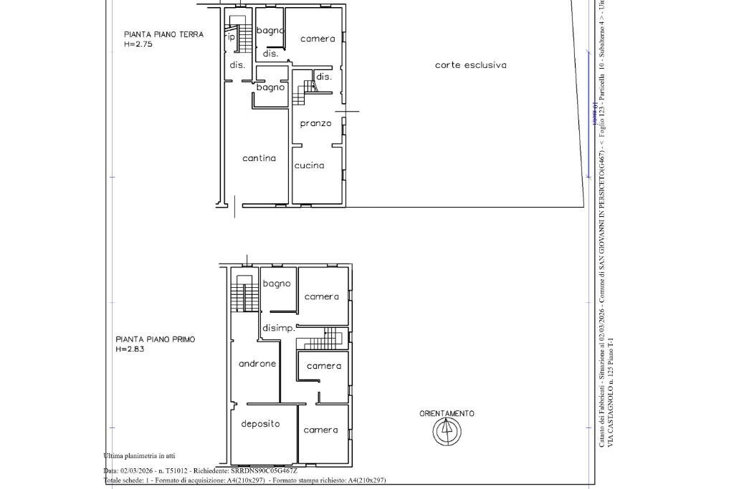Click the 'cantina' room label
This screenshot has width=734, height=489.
(259, 158)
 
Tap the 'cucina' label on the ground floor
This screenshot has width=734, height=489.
(309, 165)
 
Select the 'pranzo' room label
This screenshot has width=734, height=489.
(315, 123)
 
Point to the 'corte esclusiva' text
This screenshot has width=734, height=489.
(470, 65)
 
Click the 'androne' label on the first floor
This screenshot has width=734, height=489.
(257, 364)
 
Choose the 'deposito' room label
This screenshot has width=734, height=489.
(260, 424)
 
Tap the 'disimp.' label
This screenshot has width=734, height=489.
(277, 329)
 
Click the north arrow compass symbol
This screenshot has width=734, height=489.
(447, 431)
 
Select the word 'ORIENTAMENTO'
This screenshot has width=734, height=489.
(447, 414)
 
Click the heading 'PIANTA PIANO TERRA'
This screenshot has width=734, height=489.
(163, 34)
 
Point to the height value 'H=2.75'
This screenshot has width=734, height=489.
(138, 44)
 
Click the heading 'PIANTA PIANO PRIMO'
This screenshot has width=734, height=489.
(156, 339)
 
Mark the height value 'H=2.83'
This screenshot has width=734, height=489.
(130, 349)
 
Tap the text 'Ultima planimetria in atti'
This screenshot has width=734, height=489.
(139, 456)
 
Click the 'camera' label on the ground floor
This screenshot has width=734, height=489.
(318, 39)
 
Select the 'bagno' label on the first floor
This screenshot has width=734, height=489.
(277, 284)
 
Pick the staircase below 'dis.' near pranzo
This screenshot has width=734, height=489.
(310, 87)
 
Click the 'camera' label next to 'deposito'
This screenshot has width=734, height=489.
(320, 430)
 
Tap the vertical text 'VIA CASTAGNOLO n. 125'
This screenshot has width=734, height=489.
(610, 401)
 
